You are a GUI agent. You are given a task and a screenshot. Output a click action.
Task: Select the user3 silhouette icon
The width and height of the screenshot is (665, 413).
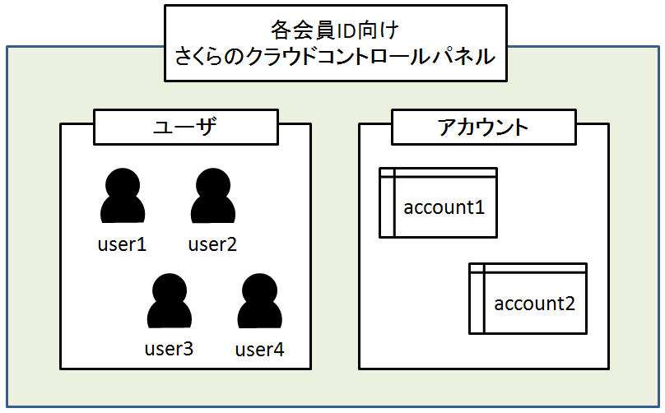[169, 301]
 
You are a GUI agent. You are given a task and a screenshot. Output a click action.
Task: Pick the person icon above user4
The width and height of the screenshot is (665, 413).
[259, 301]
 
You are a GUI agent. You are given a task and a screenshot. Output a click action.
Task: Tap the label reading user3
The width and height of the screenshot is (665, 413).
[169, 349]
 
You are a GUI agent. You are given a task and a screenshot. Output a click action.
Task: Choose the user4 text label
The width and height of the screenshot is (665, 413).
[259, 349]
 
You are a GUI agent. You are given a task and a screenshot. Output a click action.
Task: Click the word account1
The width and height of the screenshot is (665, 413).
[444, 207]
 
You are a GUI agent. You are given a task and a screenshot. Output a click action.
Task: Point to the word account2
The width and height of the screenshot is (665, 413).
[535, 304]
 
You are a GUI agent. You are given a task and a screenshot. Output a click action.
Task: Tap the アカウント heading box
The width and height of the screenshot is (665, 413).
[482, 127]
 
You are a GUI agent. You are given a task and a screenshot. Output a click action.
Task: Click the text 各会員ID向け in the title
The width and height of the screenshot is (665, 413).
[334, 31]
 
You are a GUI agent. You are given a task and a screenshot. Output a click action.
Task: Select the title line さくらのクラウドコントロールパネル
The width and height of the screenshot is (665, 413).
[334, 57]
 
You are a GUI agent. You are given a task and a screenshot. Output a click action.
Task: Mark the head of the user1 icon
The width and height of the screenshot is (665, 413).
[123, 182]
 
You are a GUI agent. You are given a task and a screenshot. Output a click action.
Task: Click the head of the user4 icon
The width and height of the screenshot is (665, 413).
[259, 287]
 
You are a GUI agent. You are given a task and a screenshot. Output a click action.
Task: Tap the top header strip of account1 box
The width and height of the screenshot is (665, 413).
[444, 172]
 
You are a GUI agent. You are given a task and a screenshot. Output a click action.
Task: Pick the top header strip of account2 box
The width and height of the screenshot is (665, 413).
[535, 268]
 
